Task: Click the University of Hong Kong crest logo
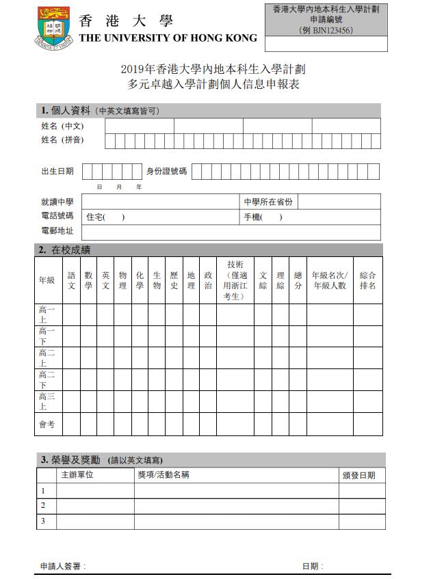[54, 25]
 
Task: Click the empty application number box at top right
[326, 44]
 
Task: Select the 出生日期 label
[57, 172]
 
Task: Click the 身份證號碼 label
[166, 172]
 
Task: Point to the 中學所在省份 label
[268, 202]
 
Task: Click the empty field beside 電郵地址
[231, 232]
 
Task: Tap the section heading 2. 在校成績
[65, 250]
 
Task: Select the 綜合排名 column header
[367, 280]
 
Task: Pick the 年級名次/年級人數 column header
[329, 280]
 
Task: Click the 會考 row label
[47, 425]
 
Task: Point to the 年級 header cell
[47, 280]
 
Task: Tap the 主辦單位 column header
[77, 475]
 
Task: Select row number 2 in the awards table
[44, 506]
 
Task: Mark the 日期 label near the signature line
[313, 566]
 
